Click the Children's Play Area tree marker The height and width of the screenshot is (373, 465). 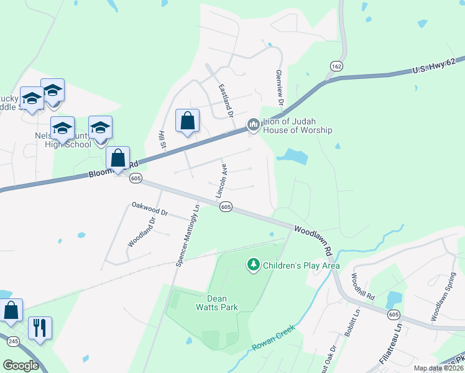pos(253,265)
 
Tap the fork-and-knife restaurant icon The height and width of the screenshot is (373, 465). pos(40,328)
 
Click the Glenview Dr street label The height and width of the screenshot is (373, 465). pos(280,86)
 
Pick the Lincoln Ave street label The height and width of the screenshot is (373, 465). pos(222,181)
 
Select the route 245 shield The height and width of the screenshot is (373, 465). pos(13,341)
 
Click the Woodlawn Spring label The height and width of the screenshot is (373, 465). pos(443,297)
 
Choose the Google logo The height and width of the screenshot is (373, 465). pos(21,366)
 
